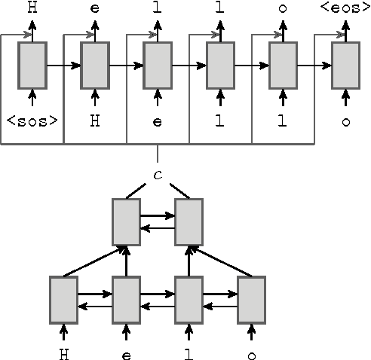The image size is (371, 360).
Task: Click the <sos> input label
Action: (32, 119)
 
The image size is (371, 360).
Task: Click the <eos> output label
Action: (345, 9)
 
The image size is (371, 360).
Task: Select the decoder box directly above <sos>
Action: (32, 66)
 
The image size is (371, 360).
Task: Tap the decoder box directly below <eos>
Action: (345, 66)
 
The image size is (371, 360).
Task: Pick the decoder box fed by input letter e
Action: (157, 66)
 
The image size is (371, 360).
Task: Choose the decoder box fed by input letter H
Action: (94, 66)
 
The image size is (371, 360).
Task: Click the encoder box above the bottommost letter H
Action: (63, 301)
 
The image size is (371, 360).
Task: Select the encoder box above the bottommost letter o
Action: (251, 301)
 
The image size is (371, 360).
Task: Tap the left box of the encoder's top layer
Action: (126, 222)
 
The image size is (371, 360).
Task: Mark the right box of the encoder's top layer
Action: (189, 222)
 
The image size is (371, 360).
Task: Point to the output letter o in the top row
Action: (283, 9)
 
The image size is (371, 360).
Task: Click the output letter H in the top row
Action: (32, 9)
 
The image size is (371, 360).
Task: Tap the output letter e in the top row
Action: (94, 9)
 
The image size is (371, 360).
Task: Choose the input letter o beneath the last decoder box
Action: (345, 119)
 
